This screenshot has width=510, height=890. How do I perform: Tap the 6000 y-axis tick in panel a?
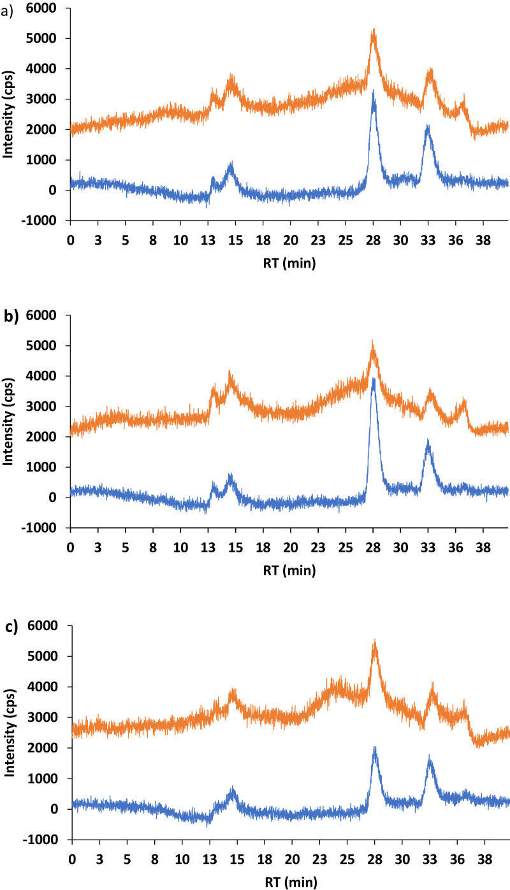click(50, 8)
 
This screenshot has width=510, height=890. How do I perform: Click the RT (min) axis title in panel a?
click(288, 262)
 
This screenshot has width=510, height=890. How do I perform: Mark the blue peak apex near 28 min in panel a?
click(374, 91)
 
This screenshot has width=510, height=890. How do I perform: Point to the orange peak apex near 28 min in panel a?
click(374, 29)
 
